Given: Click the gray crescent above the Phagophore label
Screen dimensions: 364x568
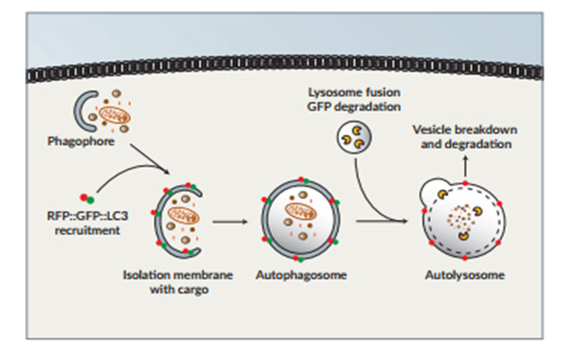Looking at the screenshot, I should pyautogui.click(x=82, y=111).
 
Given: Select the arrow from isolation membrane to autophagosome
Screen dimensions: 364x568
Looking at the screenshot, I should pyautogui.click(x=228, y=220).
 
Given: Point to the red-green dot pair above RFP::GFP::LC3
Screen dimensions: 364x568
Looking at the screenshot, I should pyautogui.click(x=87, y=197).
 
